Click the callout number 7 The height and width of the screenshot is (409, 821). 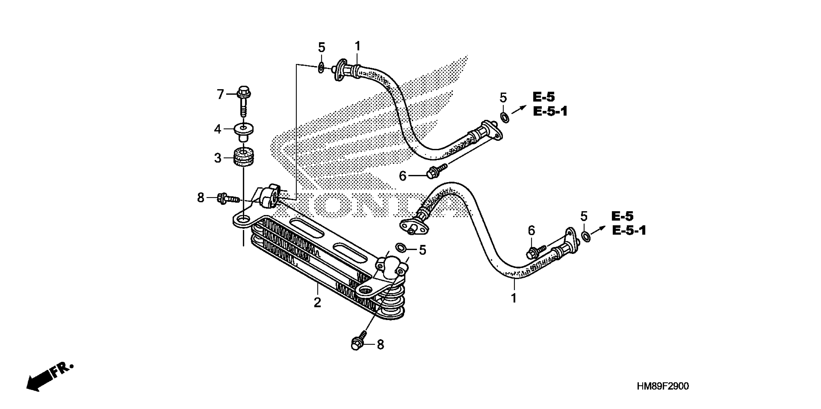pyautogui.click(x=220, y=94)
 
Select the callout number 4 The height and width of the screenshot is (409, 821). pyautogui.click(x=217, y=129)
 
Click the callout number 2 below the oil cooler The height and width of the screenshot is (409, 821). pyautogui.click(x=317, y=303)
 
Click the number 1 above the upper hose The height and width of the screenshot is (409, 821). pyautogui.click(x=358, y=46)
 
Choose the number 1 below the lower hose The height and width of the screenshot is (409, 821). pyautogui.click(x=514, y=298)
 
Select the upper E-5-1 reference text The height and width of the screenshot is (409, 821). pyautogui.click(x=550, y=112)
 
